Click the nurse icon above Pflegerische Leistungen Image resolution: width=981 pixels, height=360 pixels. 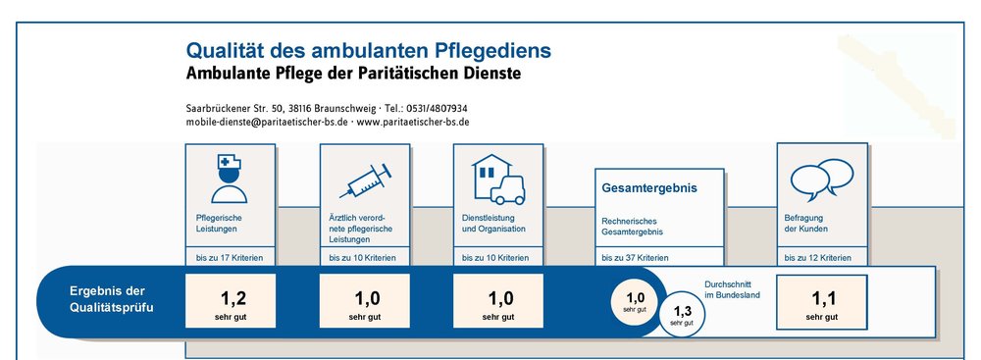(x=229, y=180)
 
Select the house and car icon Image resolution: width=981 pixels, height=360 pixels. (x=498, y=180)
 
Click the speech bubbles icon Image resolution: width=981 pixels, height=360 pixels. (x=821, y=180)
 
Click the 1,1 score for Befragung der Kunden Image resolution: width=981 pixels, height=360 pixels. (x=823, y=298)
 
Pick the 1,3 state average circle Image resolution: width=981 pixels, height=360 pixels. (x=682, y=315)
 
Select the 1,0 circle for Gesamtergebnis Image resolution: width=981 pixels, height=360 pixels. (x=636, y=302)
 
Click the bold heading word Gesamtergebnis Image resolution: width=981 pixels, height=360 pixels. (x=649, y=187)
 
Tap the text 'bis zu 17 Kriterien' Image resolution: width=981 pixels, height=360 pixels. (x=230, y=258)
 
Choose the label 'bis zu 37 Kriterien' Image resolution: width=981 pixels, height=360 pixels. (x=635, y=258)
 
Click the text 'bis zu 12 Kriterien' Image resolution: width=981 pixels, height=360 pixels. (x=818, y=258)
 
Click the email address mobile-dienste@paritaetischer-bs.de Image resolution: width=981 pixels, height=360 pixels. (x=267, y=122)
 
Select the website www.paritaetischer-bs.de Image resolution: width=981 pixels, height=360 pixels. (x=413, y=122)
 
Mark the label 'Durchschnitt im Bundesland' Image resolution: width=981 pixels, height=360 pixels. (x=732, y=288)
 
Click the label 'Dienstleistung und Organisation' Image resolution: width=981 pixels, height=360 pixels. (x=493, y=224)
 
